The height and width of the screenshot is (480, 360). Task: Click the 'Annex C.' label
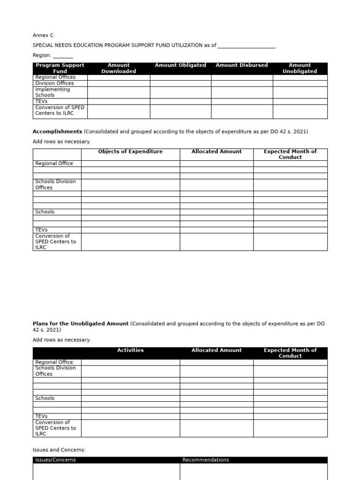pyautogui.click(x=44, y=35)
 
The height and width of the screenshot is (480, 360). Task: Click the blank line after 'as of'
pyautogui.click(x=247, y=46)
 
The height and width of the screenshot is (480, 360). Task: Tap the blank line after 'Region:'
pyautogui.click(x=63, y=56)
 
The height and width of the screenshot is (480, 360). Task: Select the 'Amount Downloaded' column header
pyautogui.click(x=119, y=68)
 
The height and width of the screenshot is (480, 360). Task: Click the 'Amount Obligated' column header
pyautogui.click(x=180, y=66)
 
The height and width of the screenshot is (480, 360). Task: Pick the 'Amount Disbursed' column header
pyautogui.click(x=241, y=66)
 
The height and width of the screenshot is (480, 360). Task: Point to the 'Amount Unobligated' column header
pyautogui.click(x=300, y=68)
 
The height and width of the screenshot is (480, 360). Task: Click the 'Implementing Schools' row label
pyautogui.click(x=52, y=92)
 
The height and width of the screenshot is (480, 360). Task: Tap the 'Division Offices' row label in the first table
pyautogui.click(x=54, y=83)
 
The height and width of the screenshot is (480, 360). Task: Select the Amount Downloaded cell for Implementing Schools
pyautogui.click(x=119, y=92)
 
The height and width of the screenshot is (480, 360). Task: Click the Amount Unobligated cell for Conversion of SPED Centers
pyautogui.click(x=300, y=112)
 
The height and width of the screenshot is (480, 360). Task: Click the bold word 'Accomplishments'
pyautogui.click(x=57, y=132)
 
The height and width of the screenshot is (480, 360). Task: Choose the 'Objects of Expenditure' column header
pyautogui.click(x=130, y=152)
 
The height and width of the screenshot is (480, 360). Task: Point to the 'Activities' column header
pyautogui.click(x=130, y=351)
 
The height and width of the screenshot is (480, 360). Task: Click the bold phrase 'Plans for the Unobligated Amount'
pyautogui.click(x=80, y=324)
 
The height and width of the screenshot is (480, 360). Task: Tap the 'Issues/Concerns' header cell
pyautogui.click(x=55, y=460)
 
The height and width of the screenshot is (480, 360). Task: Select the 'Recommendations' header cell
pyautogui.click(x=205, y=460)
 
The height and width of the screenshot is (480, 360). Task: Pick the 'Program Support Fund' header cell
pyautogui.click(x=60, y=68)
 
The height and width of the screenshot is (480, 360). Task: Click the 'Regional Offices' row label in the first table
pyautogui.click(x=55, y=77)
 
